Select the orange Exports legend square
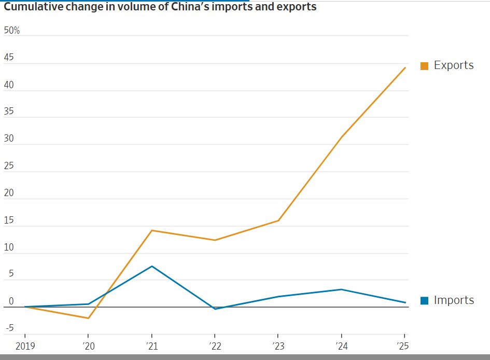(424, 66)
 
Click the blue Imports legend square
(424, 300)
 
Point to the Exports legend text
(454, 65)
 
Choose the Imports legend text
(454, 300)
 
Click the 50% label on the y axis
(11, 31)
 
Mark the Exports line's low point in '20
(88, 318)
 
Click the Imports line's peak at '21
(151, 266)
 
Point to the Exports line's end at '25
(405, 67)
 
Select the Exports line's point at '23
(278, 220)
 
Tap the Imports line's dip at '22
(215, 309)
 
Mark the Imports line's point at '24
(341, 289)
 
